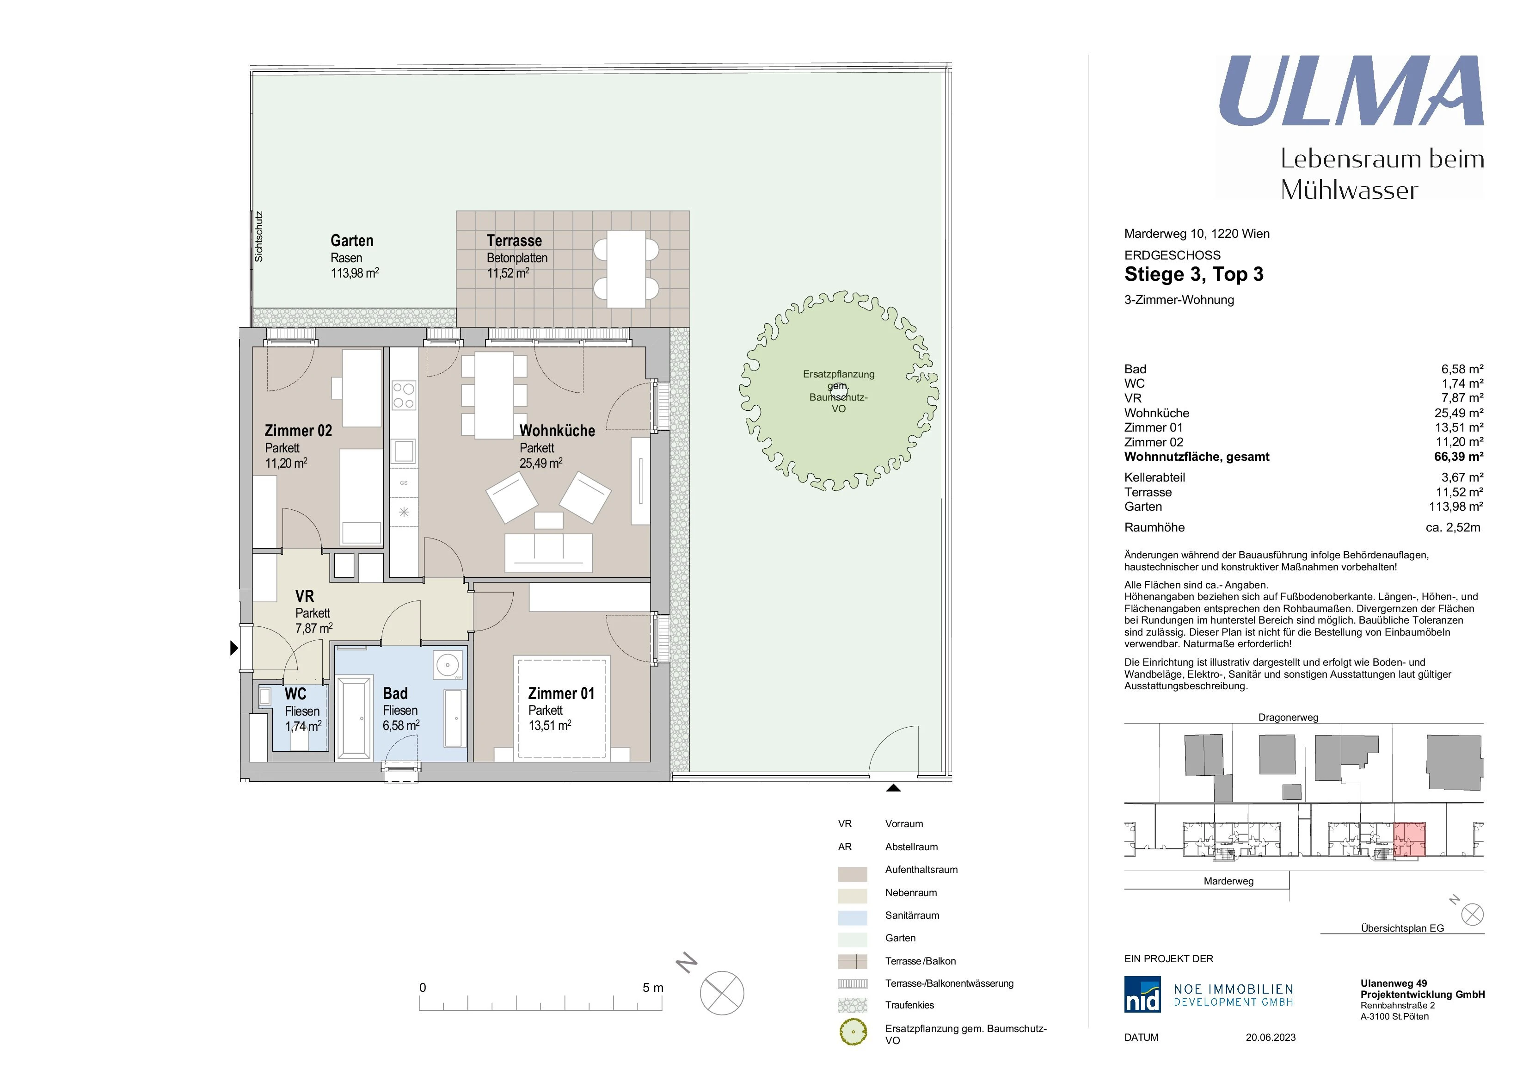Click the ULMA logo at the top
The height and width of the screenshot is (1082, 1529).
point(1351,91)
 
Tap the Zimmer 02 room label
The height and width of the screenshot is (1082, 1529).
point(298,430)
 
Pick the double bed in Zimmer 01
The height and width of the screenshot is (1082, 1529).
point(561,708)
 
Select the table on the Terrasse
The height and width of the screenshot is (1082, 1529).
point(626,269)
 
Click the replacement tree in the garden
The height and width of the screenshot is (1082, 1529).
point(838,391)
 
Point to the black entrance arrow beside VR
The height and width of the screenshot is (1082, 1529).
point(234,647)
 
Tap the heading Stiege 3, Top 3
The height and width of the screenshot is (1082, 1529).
point(1193,274)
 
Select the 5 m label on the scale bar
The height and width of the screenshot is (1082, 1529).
point(653,987)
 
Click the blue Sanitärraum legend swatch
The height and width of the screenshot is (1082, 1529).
point(853,917)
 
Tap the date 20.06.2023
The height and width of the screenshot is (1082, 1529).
point(1271,1038)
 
